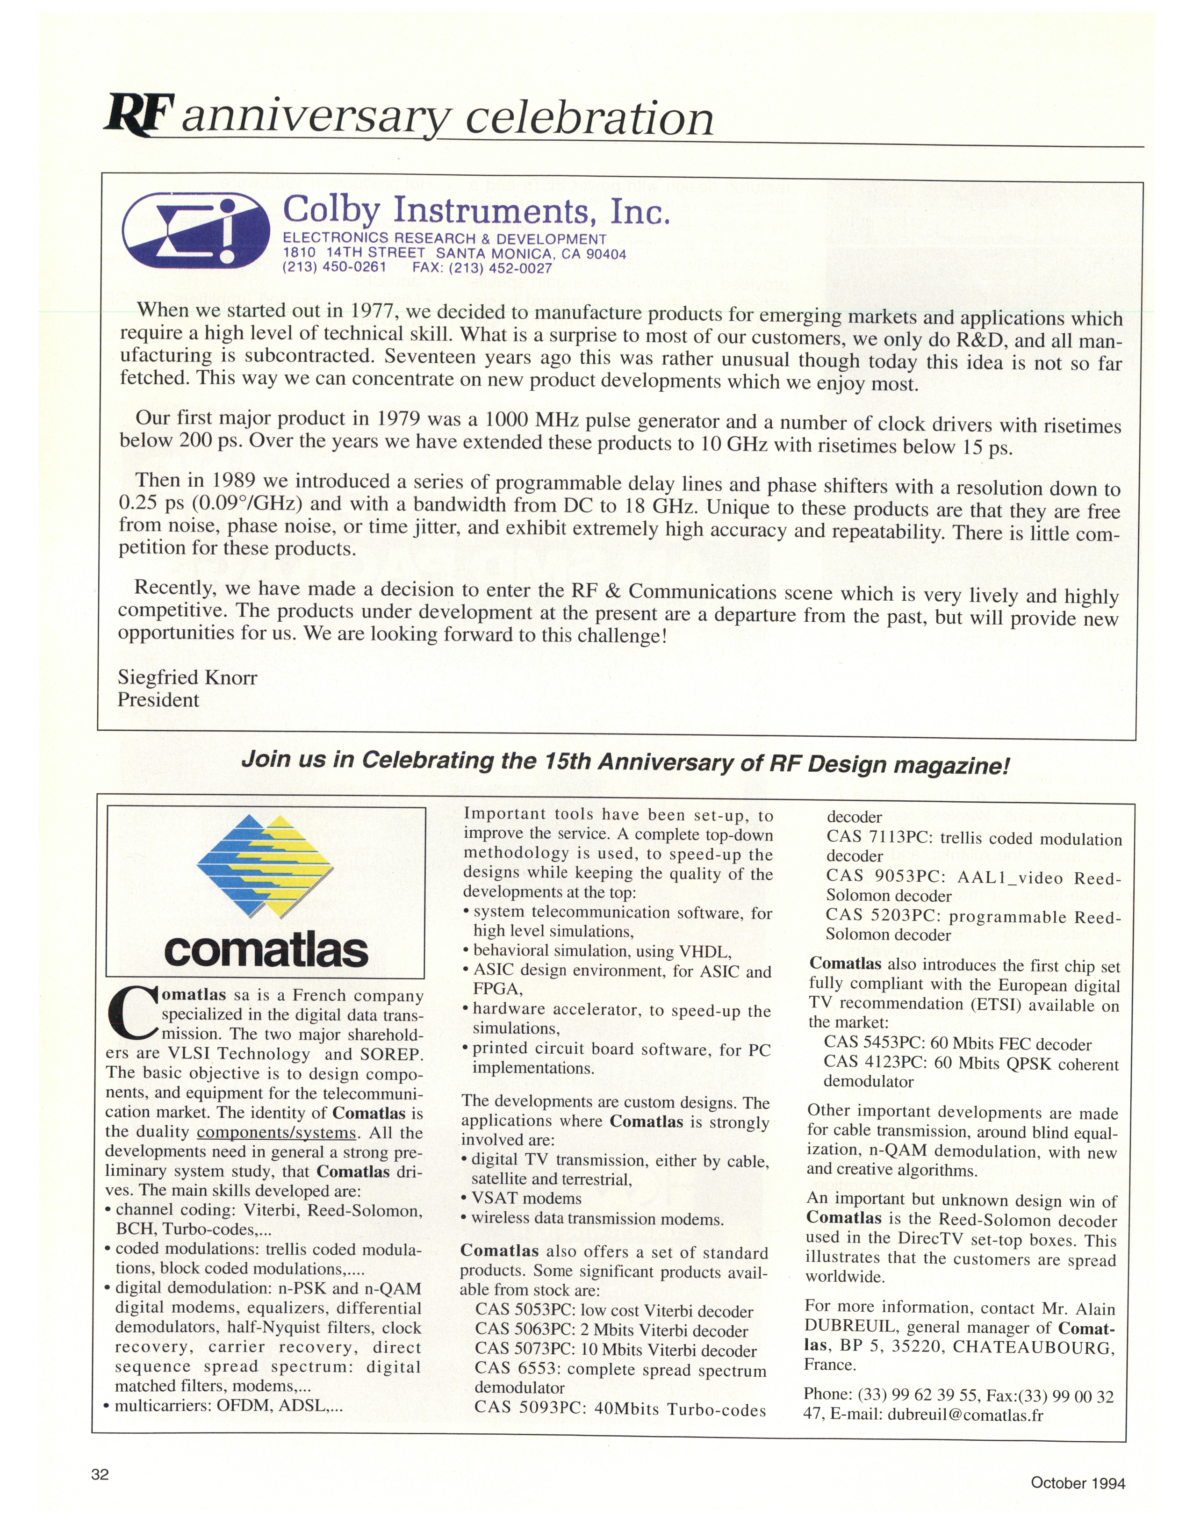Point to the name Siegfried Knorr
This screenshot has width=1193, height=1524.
(x=187, y=677)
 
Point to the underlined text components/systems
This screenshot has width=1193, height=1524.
(x=277, y=1133)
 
